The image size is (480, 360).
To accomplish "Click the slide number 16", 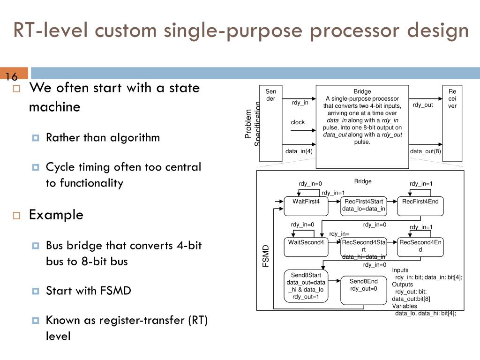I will (11, 77).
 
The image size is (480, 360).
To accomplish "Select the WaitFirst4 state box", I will (306, 205).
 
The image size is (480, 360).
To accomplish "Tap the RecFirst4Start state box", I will (363, 205).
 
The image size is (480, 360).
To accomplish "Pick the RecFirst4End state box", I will (420, 205).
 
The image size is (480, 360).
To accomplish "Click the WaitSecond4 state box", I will (306, 247).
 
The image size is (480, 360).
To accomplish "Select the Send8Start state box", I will (306, 285).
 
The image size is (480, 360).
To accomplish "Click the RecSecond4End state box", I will (420, 247).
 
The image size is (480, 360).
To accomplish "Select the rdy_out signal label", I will (423, 105).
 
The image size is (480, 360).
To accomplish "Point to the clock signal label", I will (298, 122).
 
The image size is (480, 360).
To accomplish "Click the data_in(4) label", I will (299, 151).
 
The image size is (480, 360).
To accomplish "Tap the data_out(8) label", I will (425, 151).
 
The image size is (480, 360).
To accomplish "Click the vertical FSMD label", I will (266, 256).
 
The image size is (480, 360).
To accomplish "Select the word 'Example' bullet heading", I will (56, 215).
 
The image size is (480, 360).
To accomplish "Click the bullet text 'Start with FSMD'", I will (88, 291).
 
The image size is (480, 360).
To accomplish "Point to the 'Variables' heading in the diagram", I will (405, 306).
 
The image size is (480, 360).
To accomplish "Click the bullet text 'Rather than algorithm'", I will (103, 137).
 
